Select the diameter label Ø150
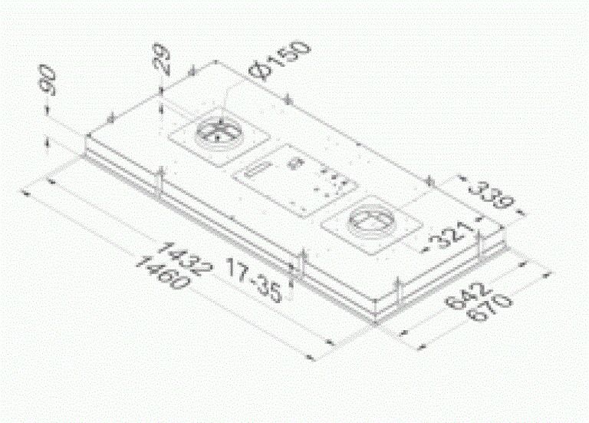283,61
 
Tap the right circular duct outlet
371,221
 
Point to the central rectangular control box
295,178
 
